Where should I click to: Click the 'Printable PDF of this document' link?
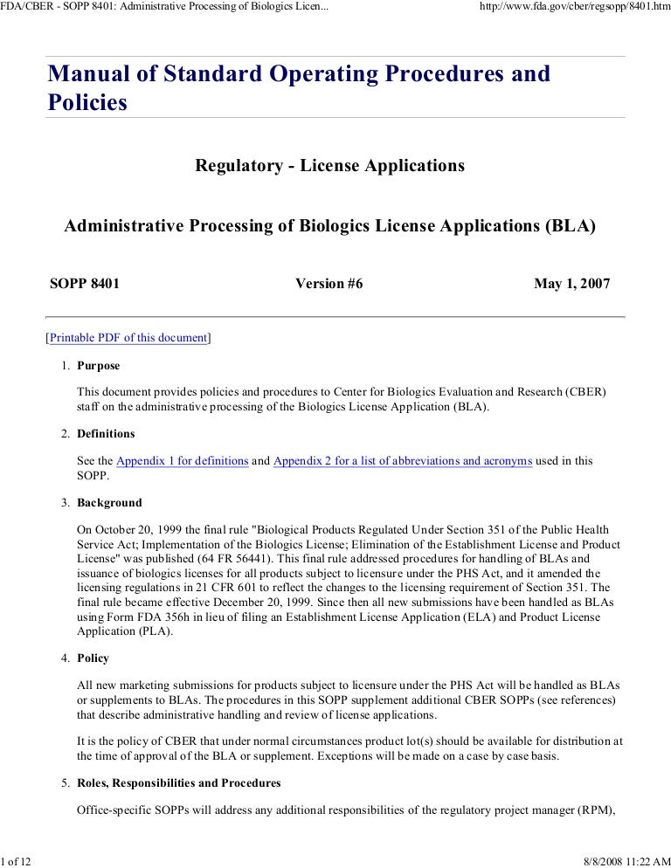pos(128,338)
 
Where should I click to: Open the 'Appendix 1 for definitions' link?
pos(183,461)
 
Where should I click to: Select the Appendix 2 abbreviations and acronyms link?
pos(403,461)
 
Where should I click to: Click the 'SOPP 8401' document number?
pos(85,284)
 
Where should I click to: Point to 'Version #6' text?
pos(329,284)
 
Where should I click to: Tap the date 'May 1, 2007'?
pos(571,284)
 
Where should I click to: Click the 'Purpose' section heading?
pos(99,366)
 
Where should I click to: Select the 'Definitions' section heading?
pos(106,434)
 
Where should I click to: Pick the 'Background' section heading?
pos(109,503)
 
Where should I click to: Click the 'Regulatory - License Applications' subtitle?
pos(330,165)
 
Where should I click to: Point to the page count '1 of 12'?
pos(16,859)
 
